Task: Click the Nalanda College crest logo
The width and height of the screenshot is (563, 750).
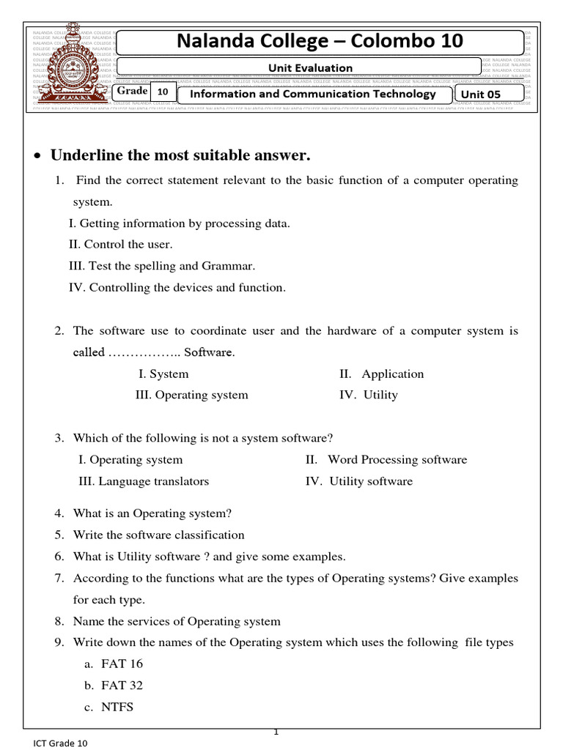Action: pyautogui.click(x=71, y=72)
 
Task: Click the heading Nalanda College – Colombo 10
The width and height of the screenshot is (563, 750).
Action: pyautogui.click(x=320, y=42)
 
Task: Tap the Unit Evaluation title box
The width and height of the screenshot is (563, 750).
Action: pyautogui.click(x=299, y=67)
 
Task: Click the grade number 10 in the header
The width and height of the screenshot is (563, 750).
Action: pyautogui.click(x=163, y=92)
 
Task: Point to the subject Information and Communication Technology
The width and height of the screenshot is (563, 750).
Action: pyautogui.click(x=313, y=94)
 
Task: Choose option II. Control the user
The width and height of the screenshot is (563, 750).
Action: pyautogui.click(x=121, y=245)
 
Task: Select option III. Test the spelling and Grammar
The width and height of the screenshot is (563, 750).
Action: pyautogui.click(x=162, y=266)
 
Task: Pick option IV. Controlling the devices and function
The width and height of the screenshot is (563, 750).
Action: pyautogui.click(x=177, y=287)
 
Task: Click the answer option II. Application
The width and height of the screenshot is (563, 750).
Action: pyautogui.click(x=381, y=374)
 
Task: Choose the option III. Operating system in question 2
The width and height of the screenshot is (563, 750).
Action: pyautogui.click(x=192, y=395)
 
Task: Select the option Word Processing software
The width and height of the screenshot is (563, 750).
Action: pyautogui.click(x=386, y=459)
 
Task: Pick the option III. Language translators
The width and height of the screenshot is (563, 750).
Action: pyautogui.click(x=144, y=481)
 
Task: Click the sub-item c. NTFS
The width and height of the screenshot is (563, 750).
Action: pyautogui.click(x=108, y=707)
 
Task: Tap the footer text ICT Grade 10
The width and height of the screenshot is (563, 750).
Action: pyautogui.click(x=60, y=743)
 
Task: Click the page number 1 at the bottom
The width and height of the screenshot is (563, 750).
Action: pyautogui.click(x=277, y=732)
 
